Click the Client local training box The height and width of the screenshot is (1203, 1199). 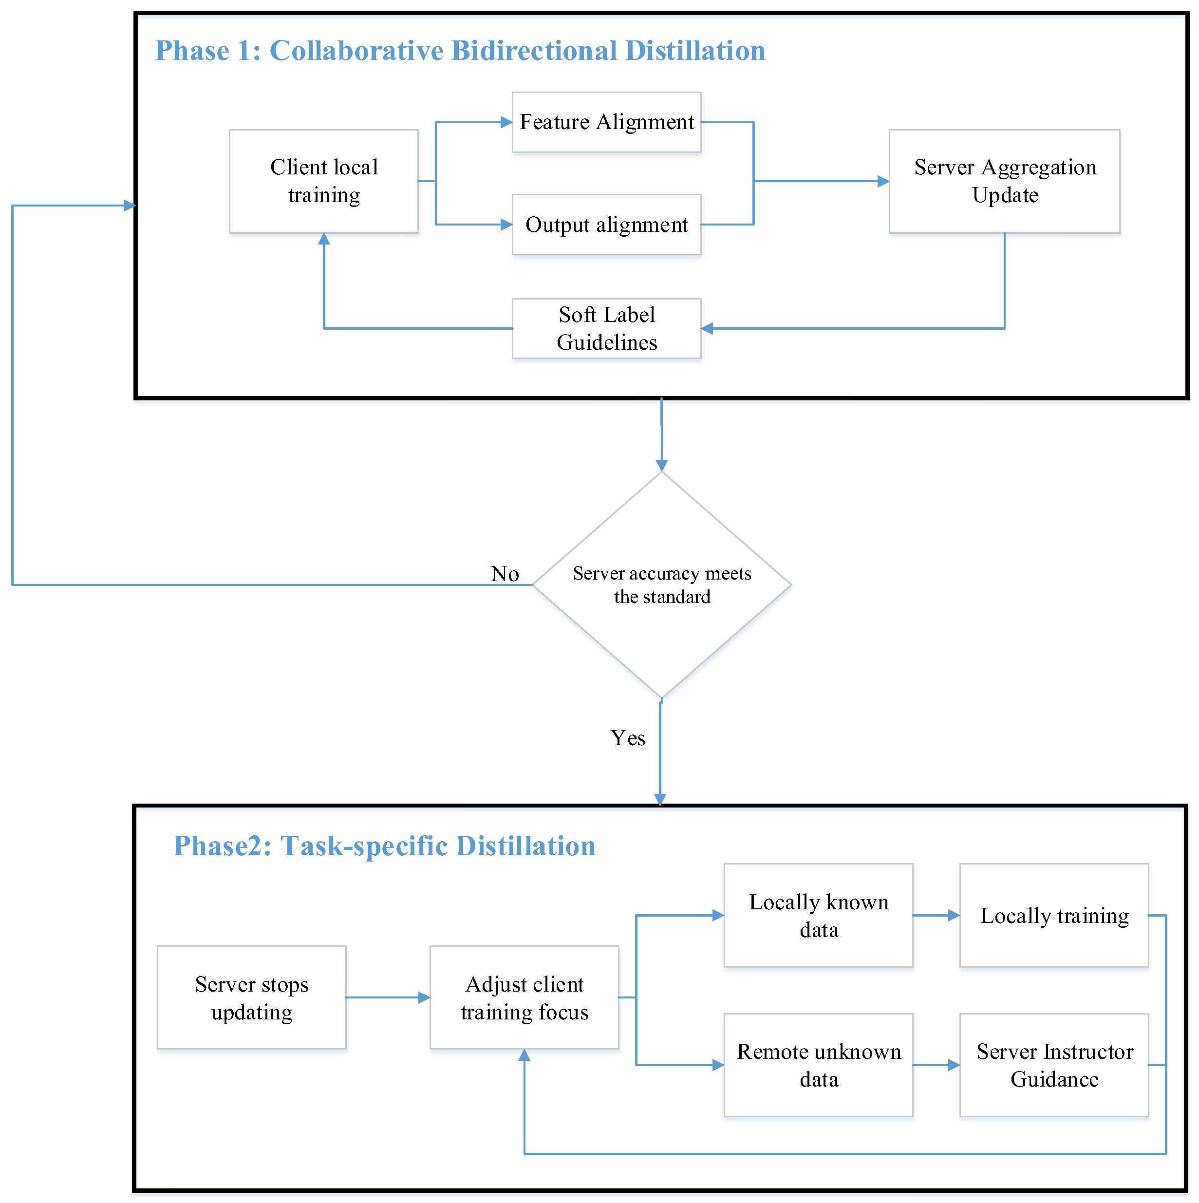click(324, 181)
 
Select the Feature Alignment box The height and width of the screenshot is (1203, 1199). click(606, 122)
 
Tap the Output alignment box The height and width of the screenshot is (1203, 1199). click(606, 224)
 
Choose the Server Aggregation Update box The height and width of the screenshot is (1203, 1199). click(1004, 181)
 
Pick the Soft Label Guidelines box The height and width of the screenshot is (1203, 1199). click(606, 328)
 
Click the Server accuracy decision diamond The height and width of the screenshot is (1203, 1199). click(662, 584)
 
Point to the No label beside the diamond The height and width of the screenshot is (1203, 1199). click(505, 573)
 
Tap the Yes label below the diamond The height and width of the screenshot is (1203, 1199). click(628, 738)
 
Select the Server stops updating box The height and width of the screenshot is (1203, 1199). click(251, 997)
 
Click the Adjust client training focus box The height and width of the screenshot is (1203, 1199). click(524, 997)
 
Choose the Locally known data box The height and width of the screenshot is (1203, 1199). click(819, 915)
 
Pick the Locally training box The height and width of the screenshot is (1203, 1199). click(1054, 915)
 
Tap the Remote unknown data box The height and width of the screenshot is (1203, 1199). click(819, 1065)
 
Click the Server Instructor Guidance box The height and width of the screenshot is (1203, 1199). click(1054, 1065)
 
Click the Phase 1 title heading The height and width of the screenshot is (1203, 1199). click(460, 51)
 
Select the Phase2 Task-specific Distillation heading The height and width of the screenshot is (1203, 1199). click(384, 846)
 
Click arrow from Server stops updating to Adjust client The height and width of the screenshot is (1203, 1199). click(388, 997)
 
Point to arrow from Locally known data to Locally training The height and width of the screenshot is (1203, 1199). click(937, 915)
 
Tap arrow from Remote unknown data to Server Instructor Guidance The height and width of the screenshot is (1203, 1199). click(937, 1065)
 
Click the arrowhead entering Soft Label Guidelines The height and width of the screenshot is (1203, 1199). click(707, 328)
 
